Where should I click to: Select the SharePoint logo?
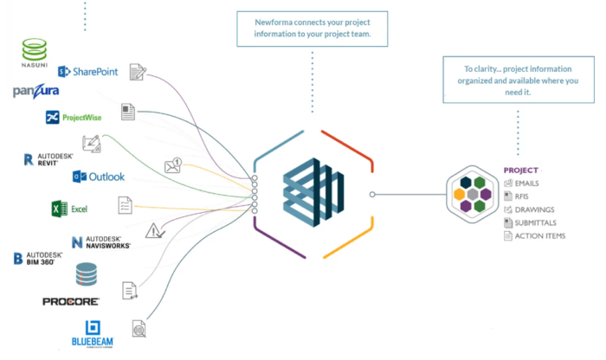[88, 72]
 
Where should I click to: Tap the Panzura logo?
[35, 92]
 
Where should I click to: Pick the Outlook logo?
[99, 177]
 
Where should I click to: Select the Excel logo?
[70, 209]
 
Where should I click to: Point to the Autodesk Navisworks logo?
[100, 241]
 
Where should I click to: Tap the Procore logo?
[70, 301]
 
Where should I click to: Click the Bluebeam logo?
[92, 333]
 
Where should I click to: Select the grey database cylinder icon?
[87, 275]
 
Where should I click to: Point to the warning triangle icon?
[155, 231]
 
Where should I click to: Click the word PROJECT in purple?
[521, 170]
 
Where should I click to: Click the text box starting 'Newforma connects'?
[313, 29]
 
